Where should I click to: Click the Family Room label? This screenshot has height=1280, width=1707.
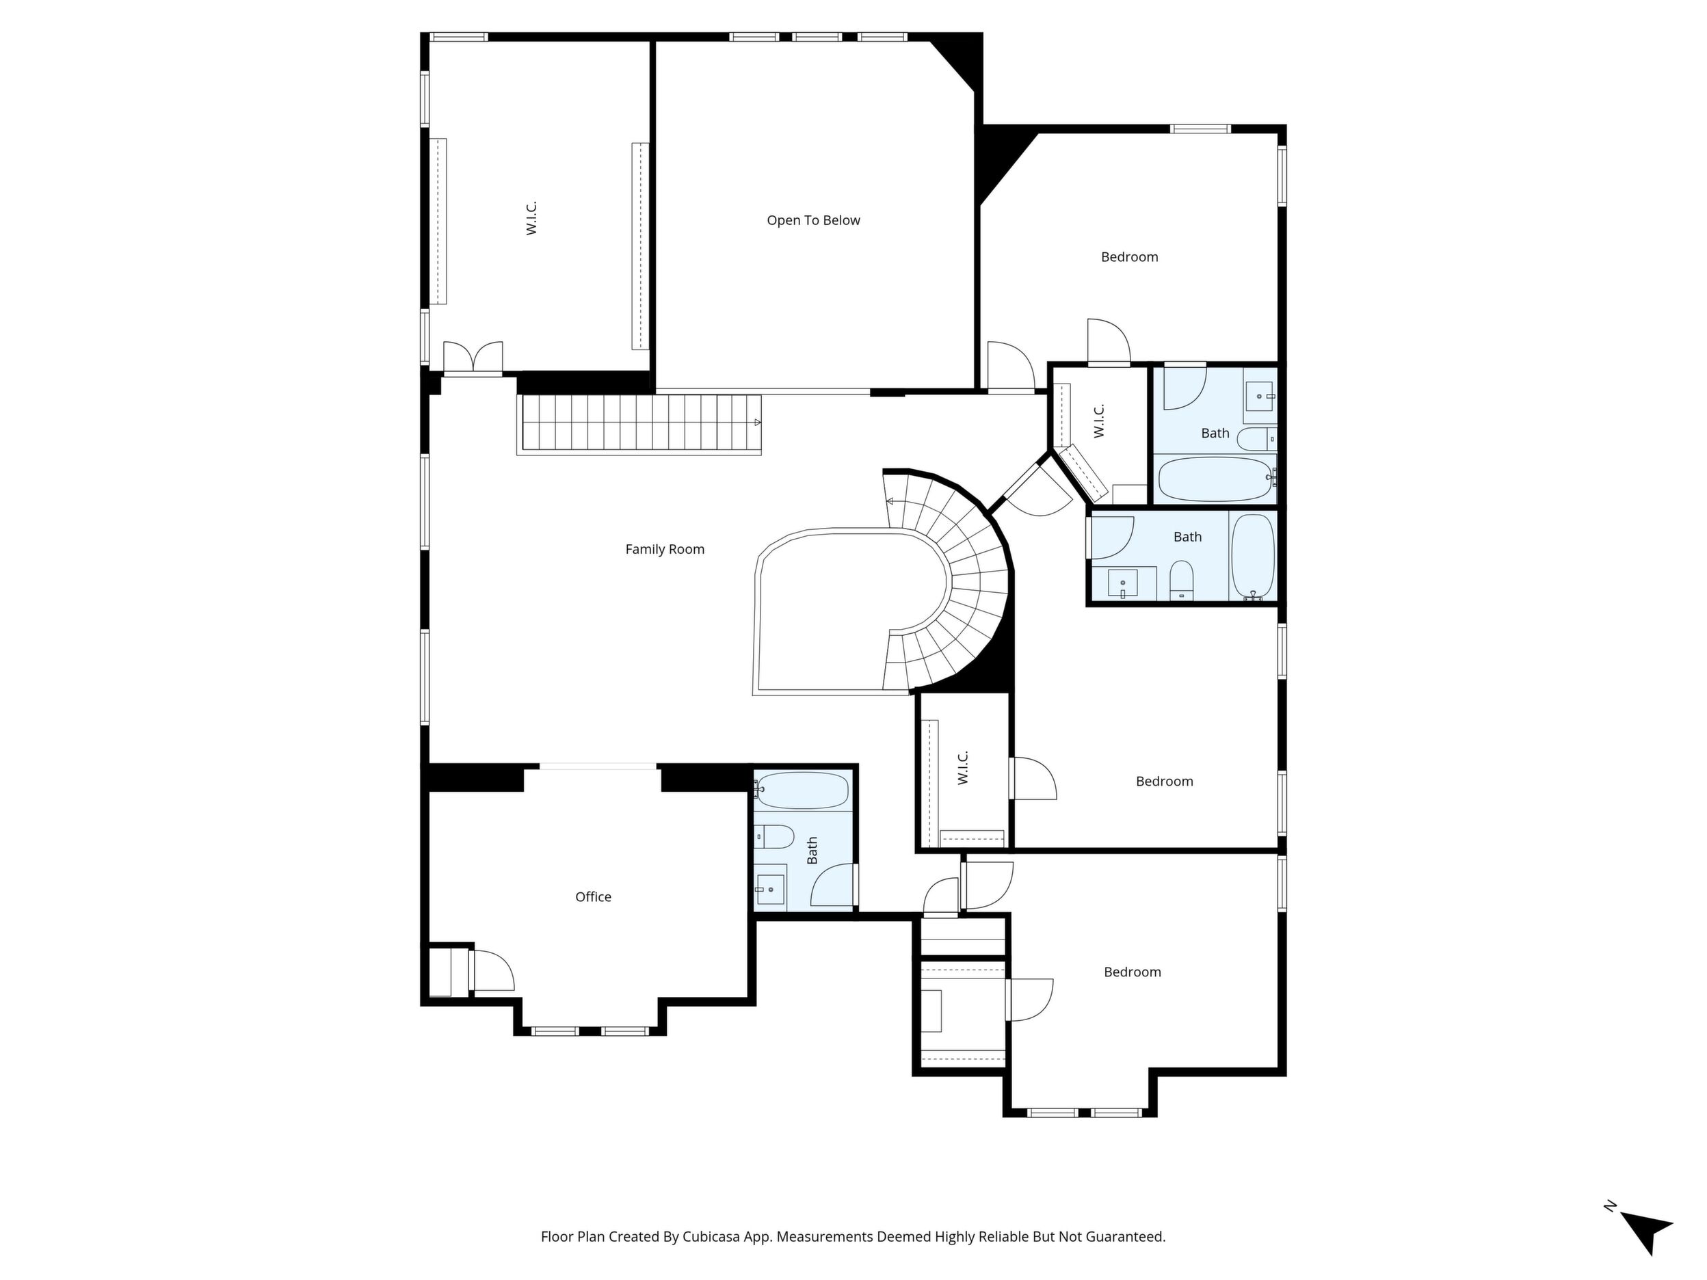pyautogui.click(x=665, y=549)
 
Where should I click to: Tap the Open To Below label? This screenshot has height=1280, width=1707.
pyautogui.click(x=813, y=221)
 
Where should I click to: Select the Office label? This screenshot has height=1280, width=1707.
pyautogui.click(x=593, y=896)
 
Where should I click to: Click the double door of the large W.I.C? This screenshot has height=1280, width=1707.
pyautogui.click(x=473, y=360)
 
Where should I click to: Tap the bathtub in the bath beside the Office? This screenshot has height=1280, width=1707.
pyautogui.click(x=804, y=790)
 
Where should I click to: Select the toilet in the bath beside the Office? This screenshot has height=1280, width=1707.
pyautogui.click(x=774, y=836)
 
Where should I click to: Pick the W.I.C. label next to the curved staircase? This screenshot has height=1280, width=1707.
pyautogui.click(x=1098, y=421)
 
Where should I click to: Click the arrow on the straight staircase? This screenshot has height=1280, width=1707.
pyautogui.click(x=757, y=422)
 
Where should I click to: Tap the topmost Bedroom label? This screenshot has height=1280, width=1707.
pyautogui.click(x=1129, y=257)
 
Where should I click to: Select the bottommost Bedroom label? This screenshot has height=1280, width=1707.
pyautogui.click(x=1132, y=972)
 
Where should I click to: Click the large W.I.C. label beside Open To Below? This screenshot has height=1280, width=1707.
pyautogui.click(x=531, y=218)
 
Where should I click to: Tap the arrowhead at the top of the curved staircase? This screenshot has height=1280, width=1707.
pyautogui.click(x=890, y=501)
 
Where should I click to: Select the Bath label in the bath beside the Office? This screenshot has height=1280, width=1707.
pyautogui.click(x=812, y=851)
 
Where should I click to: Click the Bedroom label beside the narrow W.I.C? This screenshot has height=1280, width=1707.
pyautogui.click(x=1164, y=782)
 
